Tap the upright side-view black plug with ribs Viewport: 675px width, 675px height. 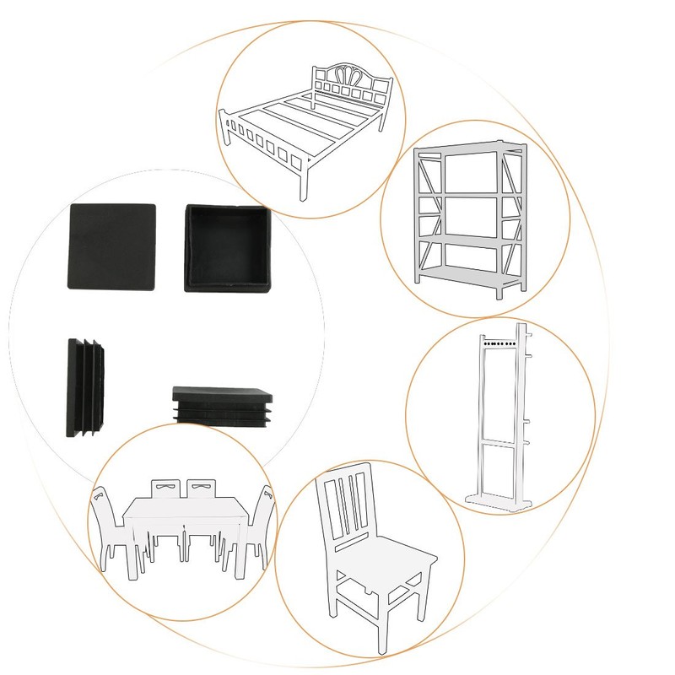click(x=87, y=387)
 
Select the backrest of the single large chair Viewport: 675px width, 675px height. click(x=347, y=506)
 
